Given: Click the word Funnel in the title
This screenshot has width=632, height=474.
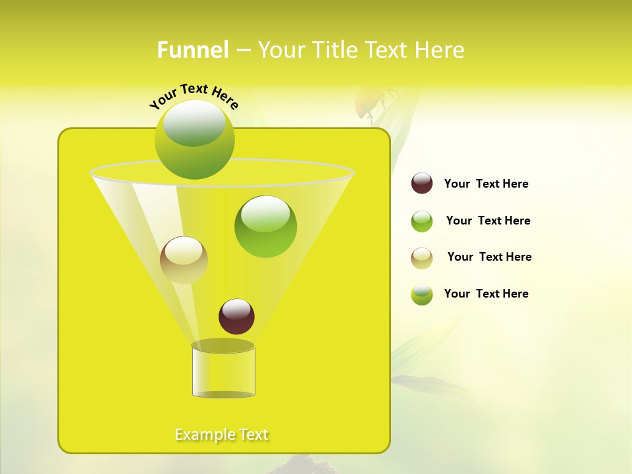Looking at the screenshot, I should (193, 50).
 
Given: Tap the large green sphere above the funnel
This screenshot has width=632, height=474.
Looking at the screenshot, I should (194, 139).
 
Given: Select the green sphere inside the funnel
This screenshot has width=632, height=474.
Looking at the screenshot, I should (265, 226).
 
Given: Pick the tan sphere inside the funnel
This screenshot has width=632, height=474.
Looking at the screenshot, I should (184, 260).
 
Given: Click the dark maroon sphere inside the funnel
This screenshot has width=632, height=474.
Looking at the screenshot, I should (236, 316).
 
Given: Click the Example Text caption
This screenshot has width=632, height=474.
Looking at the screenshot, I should (222, 434).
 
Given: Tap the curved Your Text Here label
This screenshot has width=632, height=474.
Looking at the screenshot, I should (194, 97).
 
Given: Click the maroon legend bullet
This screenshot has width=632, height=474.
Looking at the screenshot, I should (422, 184).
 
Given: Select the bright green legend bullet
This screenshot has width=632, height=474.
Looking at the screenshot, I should (422, 221).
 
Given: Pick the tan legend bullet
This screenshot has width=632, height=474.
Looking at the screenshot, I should (422, 258).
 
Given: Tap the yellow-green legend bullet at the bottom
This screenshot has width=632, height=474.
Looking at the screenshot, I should (422, 294).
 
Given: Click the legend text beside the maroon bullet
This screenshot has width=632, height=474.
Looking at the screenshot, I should (486, 184).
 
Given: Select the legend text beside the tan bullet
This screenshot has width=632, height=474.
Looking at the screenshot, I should (489, 257).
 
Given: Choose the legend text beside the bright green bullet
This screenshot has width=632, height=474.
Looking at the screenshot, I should (488, 221).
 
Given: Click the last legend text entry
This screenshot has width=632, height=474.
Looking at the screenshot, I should (486, 294).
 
